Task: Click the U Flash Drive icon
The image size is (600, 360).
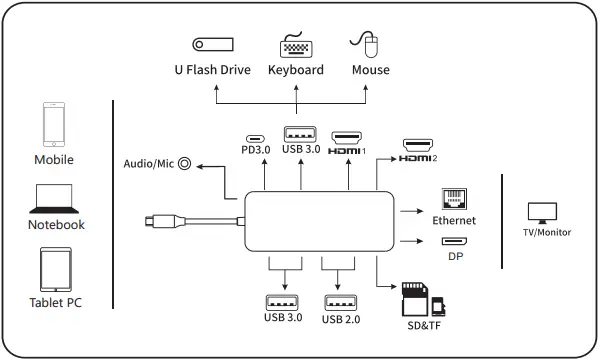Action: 212,45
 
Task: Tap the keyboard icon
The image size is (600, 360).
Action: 296,46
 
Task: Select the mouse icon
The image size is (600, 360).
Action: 367,44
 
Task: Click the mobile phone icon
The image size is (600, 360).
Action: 54,125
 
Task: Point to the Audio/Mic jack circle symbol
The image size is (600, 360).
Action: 184,162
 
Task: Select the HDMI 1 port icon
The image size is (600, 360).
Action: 347,136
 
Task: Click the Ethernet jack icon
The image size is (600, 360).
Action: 454,198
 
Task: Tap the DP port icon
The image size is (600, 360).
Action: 454,241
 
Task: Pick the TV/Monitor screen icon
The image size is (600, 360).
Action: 541,212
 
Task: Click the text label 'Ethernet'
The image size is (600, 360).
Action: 454,220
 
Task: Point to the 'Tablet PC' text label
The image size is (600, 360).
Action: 55,304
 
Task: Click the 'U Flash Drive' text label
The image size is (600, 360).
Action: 212,71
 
